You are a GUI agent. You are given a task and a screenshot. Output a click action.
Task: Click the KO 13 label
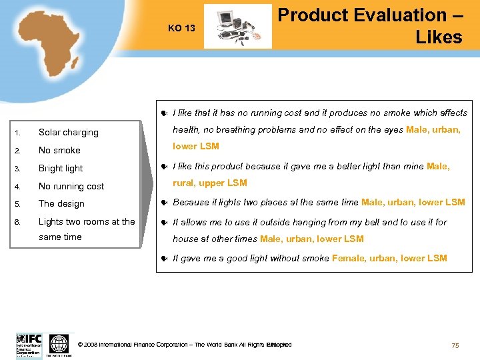[181, 28]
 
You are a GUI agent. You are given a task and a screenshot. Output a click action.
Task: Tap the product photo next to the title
[237, 27]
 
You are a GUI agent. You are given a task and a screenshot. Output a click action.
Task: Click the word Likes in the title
[438, 37]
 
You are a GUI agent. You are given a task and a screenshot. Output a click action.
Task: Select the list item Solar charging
[68, 133]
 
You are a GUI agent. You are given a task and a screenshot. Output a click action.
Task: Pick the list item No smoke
[59, 151]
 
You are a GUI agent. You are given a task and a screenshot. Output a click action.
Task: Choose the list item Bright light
[61, 169]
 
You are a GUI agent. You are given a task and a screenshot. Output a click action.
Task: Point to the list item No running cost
[71, 187]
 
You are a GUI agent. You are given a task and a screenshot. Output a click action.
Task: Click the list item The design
[61, 204]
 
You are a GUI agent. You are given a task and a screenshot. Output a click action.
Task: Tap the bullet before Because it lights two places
[164, 203]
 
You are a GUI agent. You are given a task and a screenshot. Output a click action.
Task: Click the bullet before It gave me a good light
[164, 259]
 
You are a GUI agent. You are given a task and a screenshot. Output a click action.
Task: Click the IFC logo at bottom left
[29, 345]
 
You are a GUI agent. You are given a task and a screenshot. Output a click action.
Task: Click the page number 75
[455, 345]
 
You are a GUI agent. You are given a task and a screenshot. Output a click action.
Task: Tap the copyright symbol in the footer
[80, 345]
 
